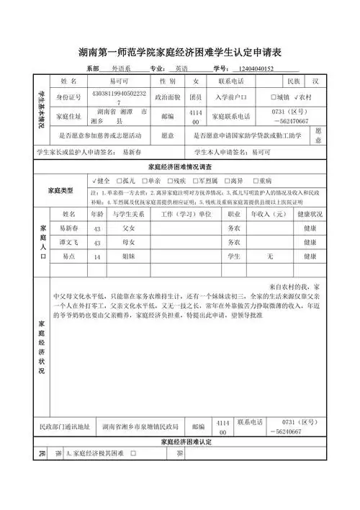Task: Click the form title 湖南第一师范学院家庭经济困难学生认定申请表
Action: tap(179, 52)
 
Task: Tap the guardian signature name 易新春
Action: tap(132, 152)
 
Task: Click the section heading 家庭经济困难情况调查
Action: tap(179, 166)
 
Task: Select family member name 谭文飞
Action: tap(69, 243)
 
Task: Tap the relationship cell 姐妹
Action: tap(129, 256)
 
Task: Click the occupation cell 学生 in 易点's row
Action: tap(233, 256)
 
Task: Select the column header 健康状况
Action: tap(310, 214)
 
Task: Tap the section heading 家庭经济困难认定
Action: tap(179, 440)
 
